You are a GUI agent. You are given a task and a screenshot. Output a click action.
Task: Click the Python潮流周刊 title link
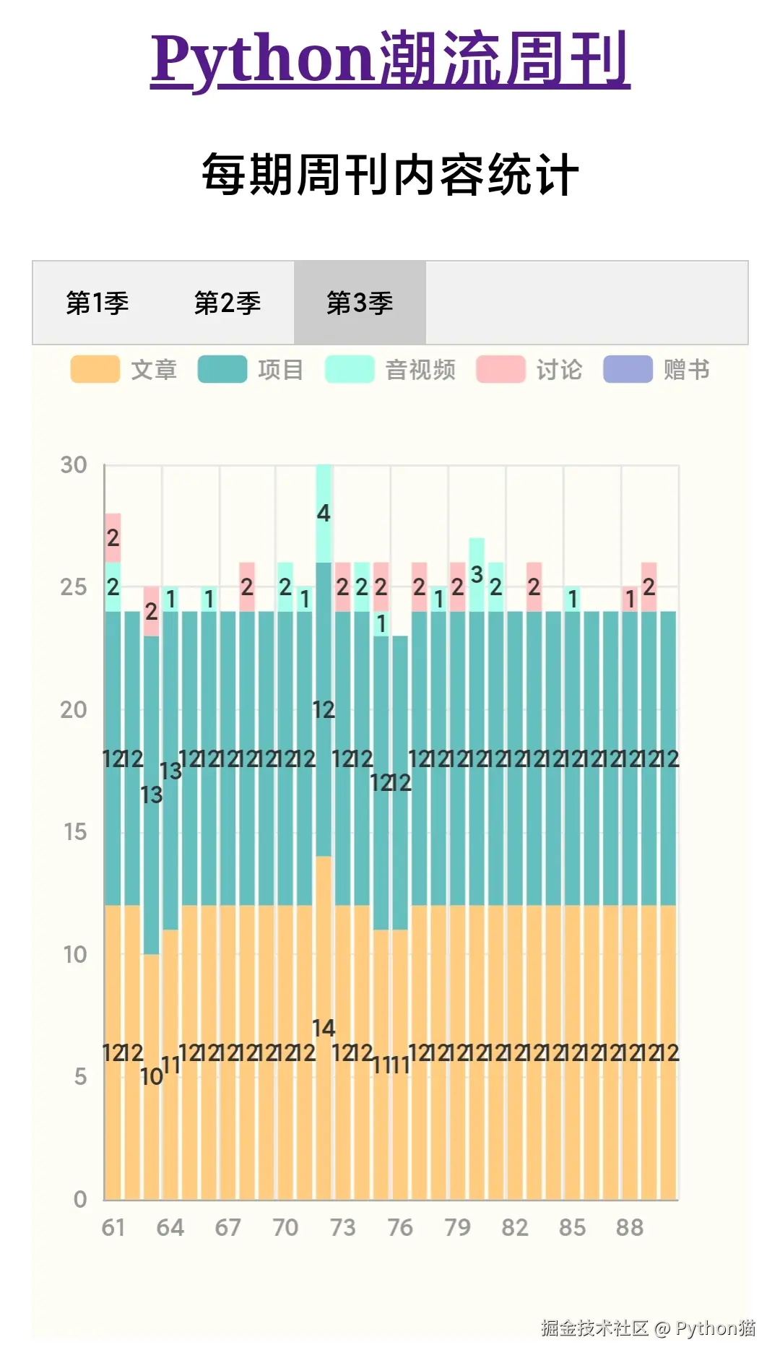point(390,59)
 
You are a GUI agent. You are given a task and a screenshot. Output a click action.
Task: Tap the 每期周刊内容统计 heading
point(390,175)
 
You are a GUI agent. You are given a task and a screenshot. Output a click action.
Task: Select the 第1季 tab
point(97,303)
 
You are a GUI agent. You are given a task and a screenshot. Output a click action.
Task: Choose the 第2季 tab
point(227,303)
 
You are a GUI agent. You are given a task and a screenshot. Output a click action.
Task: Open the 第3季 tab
point(360,303)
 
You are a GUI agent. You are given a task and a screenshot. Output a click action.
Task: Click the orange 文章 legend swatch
point(95,369)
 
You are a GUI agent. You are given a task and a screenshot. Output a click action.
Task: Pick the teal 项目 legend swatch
point(222,369)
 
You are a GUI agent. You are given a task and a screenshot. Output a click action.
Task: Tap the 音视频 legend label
point(420,370)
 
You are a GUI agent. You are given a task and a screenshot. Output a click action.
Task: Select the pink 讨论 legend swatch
point(500,369)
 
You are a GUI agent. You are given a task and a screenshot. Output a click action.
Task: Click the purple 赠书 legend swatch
point(628,369)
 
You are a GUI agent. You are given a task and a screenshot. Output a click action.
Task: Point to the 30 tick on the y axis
point(74,465)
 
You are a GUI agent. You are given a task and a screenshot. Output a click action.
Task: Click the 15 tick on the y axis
point(74,832)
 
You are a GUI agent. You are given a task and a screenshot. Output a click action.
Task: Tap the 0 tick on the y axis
point(80,1200)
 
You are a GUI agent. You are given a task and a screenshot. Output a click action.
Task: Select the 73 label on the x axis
point(342,1227)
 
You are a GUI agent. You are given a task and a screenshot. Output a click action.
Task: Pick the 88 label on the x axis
point(629,1227)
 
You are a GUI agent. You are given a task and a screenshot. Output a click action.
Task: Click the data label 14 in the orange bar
point(324,1028)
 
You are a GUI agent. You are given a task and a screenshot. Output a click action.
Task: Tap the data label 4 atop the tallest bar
point(324,514)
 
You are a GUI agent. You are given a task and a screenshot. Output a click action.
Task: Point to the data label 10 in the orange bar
point(151,1077)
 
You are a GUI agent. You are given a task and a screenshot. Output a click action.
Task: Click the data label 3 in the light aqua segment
point(477,575)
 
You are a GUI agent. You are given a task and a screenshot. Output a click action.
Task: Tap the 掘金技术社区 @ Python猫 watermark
point(648,1328)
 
